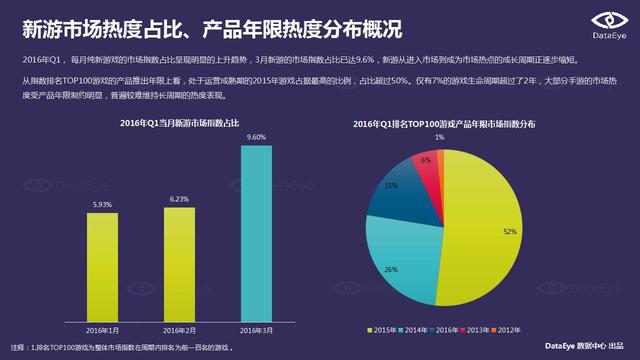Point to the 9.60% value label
[x=256, y=137]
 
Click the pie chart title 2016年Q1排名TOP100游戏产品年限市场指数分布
[x=443, y=124]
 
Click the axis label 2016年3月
[x=256, y=328]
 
